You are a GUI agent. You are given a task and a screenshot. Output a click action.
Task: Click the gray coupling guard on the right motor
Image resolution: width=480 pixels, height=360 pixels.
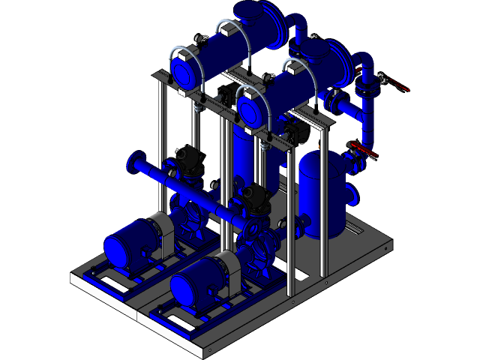226,265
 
